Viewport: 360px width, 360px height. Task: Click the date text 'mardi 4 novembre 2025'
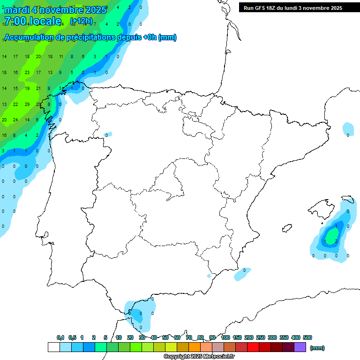click(x=55, y=10)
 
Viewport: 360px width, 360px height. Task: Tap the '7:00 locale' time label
click(x=32, y=21)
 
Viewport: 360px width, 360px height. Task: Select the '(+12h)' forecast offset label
click(x=81, y=21)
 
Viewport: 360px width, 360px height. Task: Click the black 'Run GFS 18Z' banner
click(x=293, y=8)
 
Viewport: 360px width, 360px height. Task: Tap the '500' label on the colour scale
click(x=307, y=337)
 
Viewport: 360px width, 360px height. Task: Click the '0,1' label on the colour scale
click(x=60, y=337)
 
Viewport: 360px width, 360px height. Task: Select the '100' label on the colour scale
click(x=225, y=337)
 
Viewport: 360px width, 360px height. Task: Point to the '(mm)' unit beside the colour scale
click(x=317, y=348)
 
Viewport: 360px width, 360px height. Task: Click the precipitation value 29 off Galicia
click(x=27, y=105)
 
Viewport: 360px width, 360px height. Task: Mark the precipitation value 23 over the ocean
click(x=27, y=73)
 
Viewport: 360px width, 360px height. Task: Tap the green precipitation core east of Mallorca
click(x=332, y=235)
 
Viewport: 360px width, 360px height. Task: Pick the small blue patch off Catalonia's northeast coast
click(x=348, y=128)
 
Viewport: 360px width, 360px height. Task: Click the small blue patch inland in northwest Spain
click(x=107, y=135)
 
